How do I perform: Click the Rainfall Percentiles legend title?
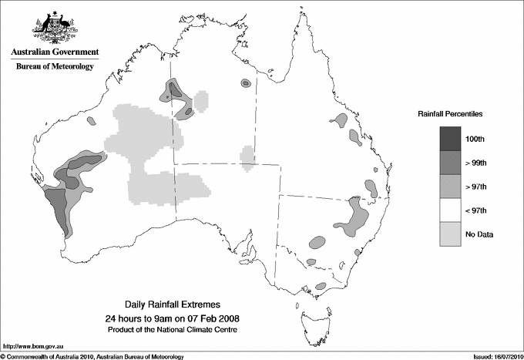coord(450,113)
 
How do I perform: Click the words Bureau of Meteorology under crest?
coord(55,67)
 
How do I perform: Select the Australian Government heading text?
coord(55,52)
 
